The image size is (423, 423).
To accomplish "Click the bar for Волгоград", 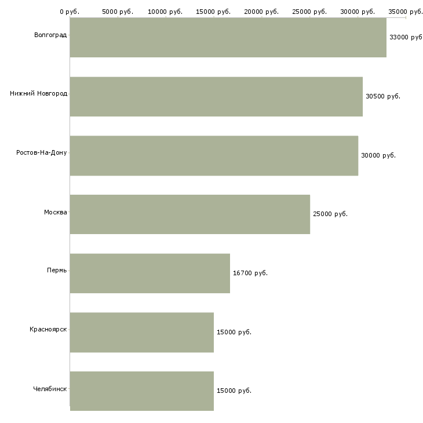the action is [x=228, y=38].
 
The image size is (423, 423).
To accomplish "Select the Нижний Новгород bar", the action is [x=216, y=97].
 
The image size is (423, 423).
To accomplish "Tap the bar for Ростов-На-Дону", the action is [x=214, y=156].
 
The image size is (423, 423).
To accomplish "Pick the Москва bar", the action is [x=190, y=214].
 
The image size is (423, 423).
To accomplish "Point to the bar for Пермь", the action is [x=149, y=274].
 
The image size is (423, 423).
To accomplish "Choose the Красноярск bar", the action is [x=141, y=333].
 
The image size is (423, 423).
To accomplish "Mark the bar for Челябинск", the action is [x=141, y=391].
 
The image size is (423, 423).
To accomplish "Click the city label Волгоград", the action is [x=50, y=35].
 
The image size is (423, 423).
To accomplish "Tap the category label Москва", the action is [x=55, y=212].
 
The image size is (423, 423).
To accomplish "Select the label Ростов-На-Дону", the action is [x=41, y=153].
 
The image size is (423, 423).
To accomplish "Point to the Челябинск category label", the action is [x=50, y=389].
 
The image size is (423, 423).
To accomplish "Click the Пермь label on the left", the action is [x=57, y=270].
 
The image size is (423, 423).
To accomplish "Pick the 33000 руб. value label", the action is [x=406, y=37].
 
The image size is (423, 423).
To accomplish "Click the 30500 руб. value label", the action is [x=383, y=96].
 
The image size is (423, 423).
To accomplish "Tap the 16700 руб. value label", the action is [x=250, y=273].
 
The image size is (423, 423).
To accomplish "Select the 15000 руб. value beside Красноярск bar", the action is [x=234, y=332].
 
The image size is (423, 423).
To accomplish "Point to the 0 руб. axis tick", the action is [x=70, y=12].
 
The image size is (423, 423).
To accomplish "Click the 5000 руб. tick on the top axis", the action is [x=118, y=12].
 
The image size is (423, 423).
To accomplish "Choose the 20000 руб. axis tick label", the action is [x=261, y=12].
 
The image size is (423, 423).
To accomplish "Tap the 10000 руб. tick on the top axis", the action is [x=165, y=12].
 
